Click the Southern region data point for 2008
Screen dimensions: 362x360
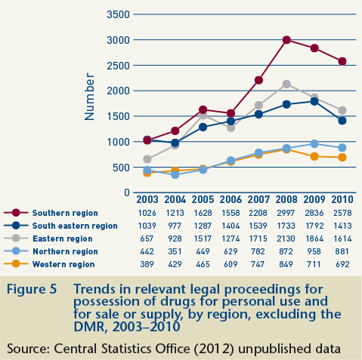[286, 40]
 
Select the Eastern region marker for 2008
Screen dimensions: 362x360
[286, 84]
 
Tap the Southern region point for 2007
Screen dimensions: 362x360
[258, 80]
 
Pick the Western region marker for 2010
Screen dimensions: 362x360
[342, 158]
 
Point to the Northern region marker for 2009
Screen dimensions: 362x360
[314, 144]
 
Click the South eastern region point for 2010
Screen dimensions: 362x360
[342, 121]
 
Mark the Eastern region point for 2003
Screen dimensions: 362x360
[147, 159]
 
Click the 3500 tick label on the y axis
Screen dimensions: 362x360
[118, 14]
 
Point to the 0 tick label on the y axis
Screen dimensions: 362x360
[127, 192]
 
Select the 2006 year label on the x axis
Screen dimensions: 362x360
[231, 200]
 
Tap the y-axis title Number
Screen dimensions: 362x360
[89, 97]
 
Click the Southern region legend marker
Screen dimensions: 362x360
[16, 213]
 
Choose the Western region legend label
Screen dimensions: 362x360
[63, 264]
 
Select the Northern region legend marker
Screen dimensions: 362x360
[16, 251]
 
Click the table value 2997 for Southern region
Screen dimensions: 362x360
[286, 213]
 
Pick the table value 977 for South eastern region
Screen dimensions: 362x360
[175, 226]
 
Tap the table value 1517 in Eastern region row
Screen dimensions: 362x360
[203, 238]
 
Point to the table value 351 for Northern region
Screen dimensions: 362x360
[175, 251]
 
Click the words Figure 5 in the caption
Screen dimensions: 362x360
[32, 289]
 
